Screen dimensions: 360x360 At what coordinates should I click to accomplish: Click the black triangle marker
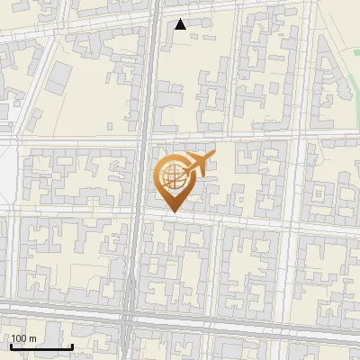pyautogui.click(x=181, y=24)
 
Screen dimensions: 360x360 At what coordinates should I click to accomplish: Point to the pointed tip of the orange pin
pyautogui.click(x=173, y=211)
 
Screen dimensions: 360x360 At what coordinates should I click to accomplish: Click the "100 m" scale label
pyautogui.click(x=23, y=338)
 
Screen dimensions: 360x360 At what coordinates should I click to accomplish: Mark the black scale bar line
pyautogui.click(x=40, y=347)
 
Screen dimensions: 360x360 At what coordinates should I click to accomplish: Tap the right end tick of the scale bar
pyautogui.click(x=71, y=346)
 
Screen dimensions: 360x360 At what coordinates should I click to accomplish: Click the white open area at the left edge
pyautogui.click(x=7, y=175)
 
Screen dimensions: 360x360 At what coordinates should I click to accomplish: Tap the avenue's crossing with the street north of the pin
pyautogui.click(x=143, y=138)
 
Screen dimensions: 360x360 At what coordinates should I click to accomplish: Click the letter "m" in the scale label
pyautogui.click(x=31, y=338)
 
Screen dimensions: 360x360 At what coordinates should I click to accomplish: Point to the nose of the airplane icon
pyautogui.click(x=213, y=157)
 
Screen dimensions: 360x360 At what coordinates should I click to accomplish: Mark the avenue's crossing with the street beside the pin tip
pyautogui.click(x=138, y=212)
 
